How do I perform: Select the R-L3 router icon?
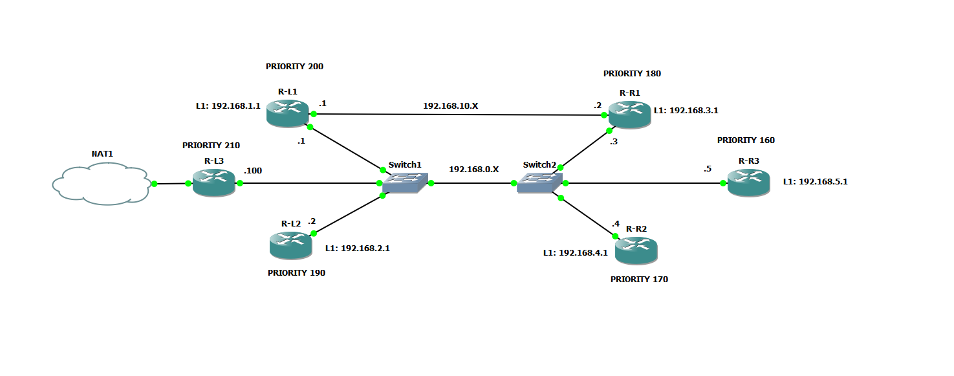pos(213,183)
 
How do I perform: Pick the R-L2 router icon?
pos(290,245)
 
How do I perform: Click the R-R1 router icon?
pos(629,115)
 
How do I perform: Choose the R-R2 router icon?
pos(636,250)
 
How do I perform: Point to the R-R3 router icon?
pos(748,183)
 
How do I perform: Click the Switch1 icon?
pos(405,183)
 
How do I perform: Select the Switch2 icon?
pos(539,183)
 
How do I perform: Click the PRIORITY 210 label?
pos(211,146)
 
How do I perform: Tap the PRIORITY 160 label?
pos(746,140)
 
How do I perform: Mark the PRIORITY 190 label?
pos(296,273)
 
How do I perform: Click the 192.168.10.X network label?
pos(451,105)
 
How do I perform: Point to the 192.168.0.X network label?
pos(474,170)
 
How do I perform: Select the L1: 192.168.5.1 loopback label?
pos(815,182)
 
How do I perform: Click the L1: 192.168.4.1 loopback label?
pos(575,253)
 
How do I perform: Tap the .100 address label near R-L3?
pos(252,171)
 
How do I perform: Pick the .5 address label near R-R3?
pos(708,169)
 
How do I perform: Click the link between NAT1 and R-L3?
pos(171,184)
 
